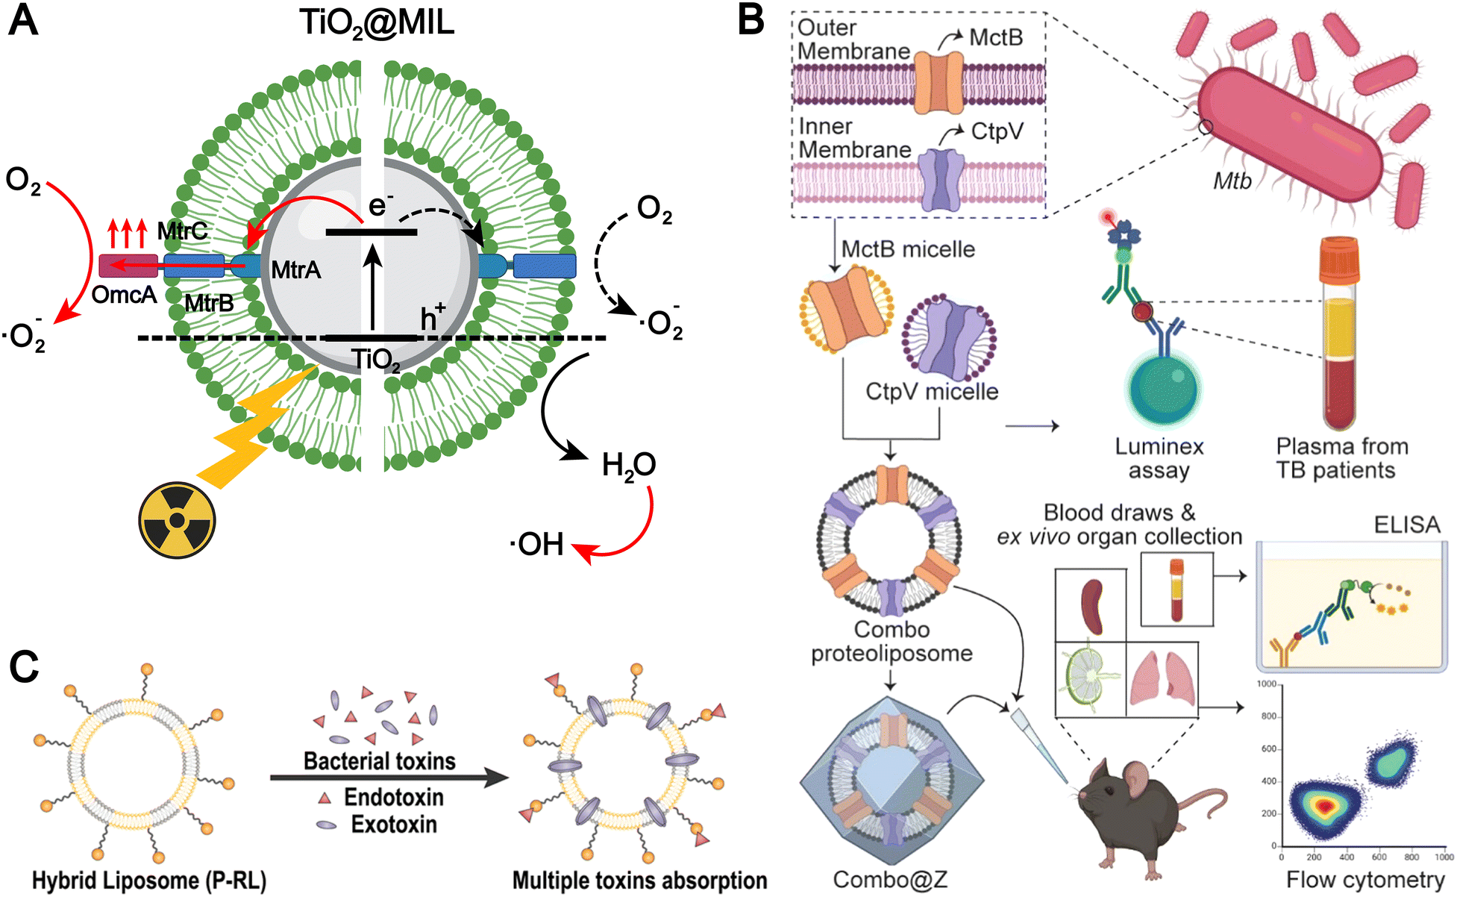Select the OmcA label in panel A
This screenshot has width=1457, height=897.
tap(124, 296)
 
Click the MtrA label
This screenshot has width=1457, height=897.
tap(296, 269)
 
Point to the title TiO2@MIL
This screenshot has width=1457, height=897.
tap(377, 24)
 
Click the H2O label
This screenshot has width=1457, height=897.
tap(629, 466)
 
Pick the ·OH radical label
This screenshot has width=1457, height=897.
tap(537, 545)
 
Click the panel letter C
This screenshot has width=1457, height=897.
tap(24, 666)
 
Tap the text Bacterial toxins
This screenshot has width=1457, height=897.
tap(380, 761)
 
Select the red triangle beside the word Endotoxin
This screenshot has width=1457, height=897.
tap(325, 798)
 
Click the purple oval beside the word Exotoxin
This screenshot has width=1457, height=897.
tap(326, 825)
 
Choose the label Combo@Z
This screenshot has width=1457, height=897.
tap(890, 880)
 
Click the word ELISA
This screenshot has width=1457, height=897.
tap(1407, 525)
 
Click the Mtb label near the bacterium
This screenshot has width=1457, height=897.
tap(1232, 181)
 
